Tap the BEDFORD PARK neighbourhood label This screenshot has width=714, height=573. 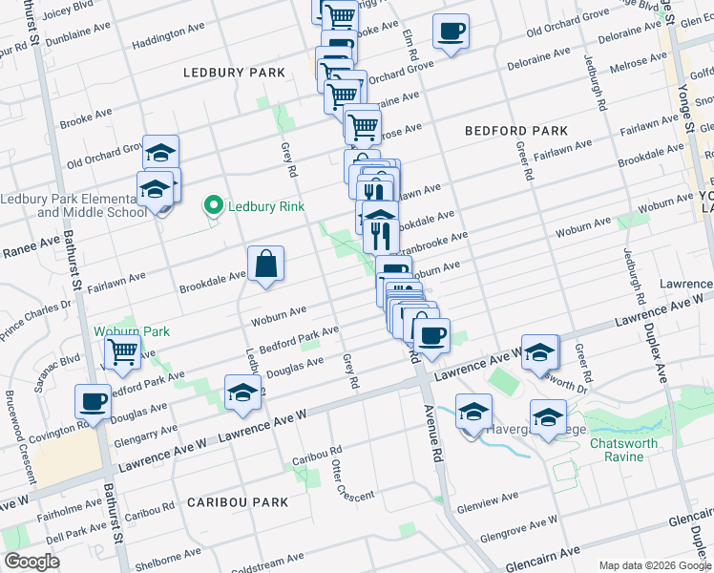(x=515, y=131)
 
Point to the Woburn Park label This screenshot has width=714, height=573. (x=132, y=331)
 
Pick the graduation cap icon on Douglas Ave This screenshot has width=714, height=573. (x=242, y=393)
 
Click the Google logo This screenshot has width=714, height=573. (x=32, y=562)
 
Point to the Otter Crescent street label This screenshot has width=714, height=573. (x=339, y=475)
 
